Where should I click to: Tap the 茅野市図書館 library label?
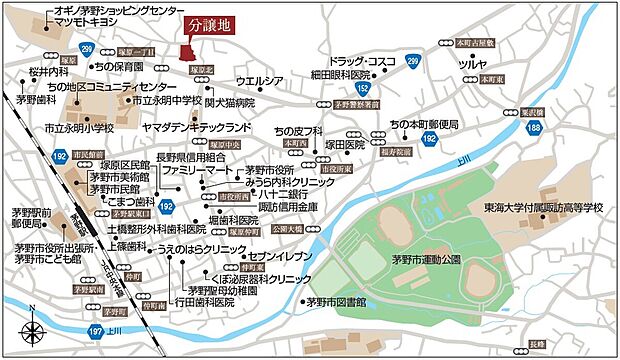[336, 301]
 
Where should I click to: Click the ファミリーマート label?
[196, 171]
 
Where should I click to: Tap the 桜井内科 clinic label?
[48, 73]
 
